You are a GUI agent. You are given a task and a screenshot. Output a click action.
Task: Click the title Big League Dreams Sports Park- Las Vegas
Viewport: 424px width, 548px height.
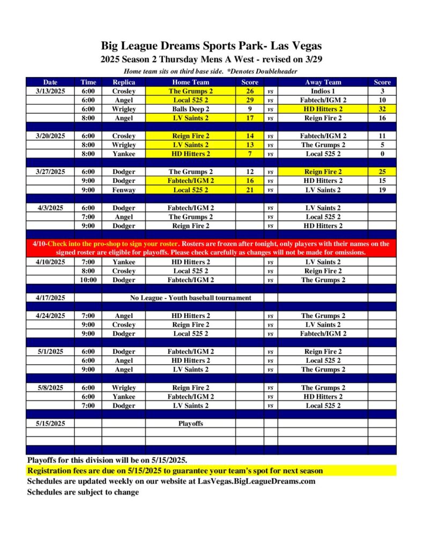point(211,46)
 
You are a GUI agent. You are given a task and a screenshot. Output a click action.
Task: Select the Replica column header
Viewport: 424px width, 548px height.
point(123,82)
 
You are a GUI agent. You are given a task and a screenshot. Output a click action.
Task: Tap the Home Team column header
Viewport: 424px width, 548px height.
point(191,82)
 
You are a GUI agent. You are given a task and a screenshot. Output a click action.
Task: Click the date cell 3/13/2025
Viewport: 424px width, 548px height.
point(50,91)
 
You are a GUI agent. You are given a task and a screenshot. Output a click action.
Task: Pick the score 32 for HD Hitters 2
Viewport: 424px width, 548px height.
point(382,109)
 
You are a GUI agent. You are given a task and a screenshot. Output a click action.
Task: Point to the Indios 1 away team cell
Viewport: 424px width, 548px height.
point(323,91)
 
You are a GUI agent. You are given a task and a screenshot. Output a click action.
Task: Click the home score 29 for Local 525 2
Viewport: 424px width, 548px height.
point(249,100)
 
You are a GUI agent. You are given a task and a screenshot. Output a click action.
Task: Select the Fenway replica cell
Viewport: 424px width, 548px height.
point(123,190)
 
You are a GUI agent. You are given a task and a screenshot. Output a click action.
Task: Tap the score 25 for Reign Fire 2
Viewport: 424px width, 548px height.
point(382,172)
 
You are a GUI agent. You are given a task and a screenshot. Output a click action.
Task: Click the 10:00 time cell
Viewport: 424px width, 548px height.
point(88,280)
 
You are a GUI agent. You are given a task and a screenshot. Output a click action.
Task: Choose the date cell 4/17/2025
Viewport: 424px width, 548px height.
point(50,298)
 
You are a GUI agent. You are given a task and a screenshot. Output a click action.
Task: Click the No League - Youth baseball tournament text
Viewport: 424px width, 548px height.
point(191,298)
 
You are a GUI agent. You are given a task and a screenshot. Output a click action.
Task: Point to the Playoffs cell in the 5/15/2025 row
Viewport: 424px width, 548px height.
point(191,423)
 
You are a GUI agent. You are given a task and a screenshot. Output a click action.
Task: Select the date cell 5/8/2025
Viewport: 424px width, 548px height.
point(50,387)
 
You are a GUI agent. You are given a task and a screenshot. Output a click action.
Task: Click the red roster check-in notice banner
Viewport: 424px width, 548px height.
point(211,248)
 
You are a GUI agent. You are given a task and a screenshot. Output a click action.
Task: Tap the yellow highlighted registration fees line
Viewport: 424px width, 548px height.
point(175,471)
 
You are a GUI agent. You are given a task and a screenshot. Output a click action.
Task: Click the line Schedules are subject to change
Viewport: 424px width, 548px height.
point(83,492)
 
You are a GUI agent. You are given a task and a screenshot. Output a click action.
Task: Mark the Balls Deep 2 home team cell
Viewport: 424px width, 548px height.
point(191,109)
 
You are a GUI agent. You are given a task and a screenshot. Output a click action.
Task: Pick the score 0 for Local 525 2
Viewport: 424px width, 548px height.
point(382,154)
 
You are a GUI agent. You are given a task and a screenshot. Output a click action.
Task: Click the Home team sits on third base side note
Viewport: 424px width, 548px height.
point(210,71)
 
